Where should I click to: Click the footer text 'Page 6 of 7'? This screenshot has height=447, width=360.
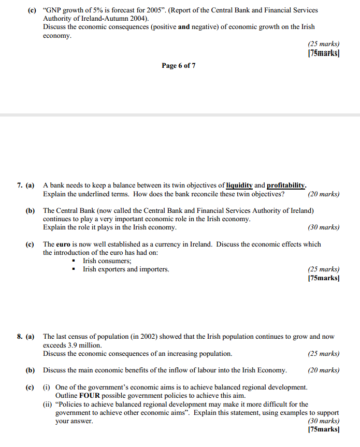pos(178,66)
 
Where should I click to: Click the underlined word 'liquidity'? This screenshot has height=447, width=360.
pos(239,185)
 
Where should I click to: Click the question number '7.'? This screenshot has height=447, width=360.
pos(19,185)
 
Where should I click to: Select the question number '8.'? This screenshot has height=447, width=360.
pos(19,337)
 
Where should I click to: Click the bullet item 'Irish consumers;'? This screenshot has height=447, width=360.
pos(107,261)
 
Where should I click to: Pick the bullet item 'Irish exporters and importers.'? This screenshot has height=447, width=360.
pos(126,269)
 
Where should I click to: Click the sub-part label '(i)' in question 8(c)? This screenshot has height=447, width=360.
pos(47,387)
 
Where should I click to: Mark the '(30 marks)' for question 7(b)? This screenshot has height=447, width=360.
pos(323,227)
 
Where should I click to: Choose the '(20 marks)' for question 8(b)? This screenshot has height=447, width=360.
pos(323,370)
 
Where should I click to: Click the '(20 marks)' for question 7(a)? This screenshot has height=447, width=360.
pos(323,194)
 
